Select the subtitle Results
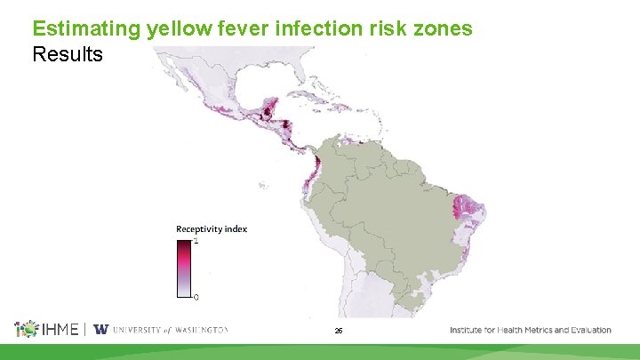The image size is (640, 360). tap(68, 54)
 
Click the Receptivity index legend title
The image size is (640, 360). tap(212, 229)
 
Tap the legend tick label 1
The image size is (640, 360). tap(196, 241)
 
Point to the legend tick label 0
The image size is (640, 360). tap(196, 296)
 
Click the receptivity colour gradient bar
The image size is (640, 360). tap(184, 267)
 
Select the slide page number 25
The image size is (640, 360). tap(339, 331)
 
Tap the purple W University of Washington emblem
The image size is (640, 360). tap(100, 330)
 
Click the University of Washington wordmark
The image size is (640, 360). tap(169, 330)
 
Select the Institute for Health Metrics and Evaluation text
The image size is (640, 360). tap(531, 330)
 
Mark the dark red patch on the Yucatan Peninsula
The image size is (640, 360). tap(266, 114)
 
